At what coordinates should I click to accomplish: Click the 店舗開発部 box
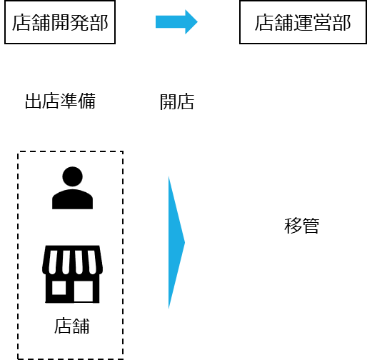(60, 22)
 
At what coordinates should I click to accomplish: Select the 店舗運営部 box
(303, 22)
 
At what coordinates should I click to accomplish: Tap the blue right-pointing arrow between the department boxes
(176, 22)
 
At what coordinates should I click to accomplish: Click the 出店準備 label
(61, 101)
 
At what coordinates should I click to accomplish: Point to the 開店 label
(177, 101)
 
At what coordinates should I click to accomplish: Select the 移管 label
(301, 226)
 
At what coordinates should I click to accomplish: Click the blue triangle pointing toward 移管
(176, 243)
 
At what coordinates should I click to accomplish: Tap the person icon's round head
(72, 176)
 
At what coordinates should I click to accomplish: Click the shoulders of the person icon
(72, 199)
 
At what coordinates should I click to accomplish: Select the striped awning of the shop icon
(72, 260)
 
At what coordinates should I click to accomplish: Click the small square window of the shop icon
(59, 288)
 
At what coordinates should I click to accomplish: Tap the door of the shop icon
(84, 291)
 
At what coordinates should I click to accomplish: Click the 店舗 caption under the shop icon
(72, 326)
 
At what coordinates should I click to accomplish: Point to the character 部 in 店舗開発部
(99, 22)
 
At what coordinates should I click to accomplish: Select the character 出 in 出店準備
(34, 101)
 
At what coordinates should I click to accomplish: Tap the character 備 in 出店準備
(87, 101)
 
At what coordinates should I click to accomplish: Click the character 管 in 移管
(311, 226)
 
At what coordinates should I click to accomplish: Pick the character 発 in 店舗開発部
(80, 22)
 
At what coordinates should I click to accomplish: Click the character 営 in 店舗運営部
(323, 23)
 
